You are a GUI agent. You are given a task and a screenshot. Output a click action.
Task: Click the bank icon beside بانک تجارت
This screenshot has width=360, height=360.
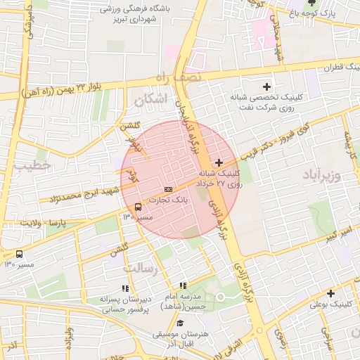(168, 190)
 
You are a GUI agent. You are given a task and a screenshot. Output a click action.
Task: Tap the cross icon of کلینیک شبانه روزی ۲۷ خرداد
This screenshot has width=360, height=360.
(219, 162)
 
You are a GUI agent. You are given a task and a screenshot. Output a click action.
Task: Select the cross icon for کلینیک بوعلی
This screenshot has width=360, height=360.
(330, 293)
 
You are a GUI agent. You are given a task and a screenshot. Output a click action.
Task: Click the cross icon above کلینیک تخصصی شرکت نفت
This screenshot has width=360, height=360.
(265, 86)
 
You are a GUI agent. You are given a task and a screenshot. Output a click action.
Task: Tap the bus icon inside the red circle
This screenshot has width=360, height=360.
(138, 207)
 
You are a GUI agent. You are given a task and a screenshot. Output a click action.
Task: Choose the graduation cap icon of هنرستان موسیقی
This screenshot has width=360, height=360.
(181, 323)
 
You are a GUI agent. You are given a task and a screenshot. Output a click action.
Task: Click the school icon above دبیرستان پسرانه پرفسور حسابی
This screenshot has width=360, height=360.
(125, 288)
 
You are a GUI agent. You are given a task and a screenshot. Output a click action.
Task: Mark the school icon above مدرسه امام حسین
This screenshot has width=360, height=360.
(183, 286)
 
